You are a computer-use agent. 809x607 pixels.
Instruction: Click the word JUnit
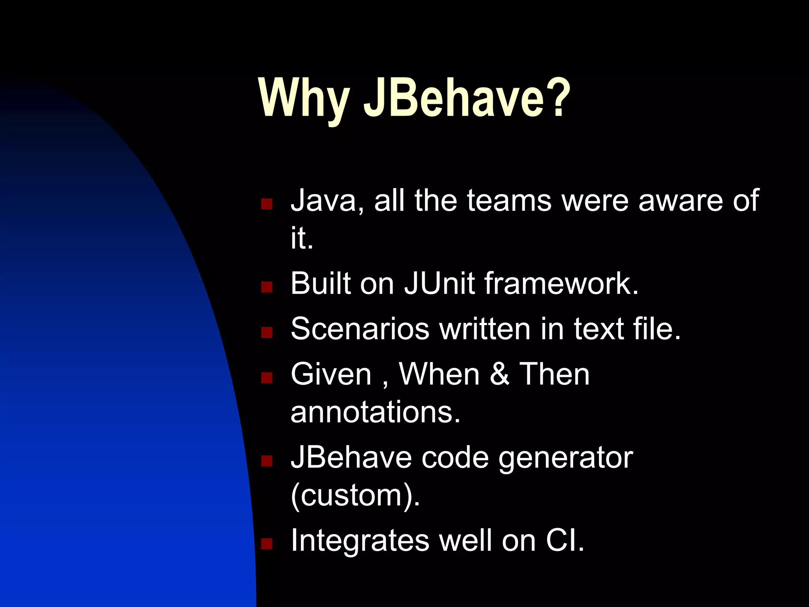pyautogui.click(x=439, y=283)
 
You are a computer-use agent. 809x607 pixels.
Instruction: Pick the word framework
pyautogui.click(x=561, y=283)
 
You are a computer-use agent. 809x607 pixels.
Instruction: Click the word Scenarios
pyautogui.click(x=359, y=329)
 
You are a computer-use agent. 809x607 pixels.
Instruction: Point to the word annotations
pyautogui.click(x=375, y=412)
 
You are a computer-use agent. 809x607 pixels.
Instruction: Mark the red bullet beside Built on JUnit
pyautogui.click(x=267, y=287)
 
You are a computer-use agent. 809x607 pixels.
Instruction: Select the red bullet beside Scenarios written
pyautogui.click(x=267, y=332)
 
